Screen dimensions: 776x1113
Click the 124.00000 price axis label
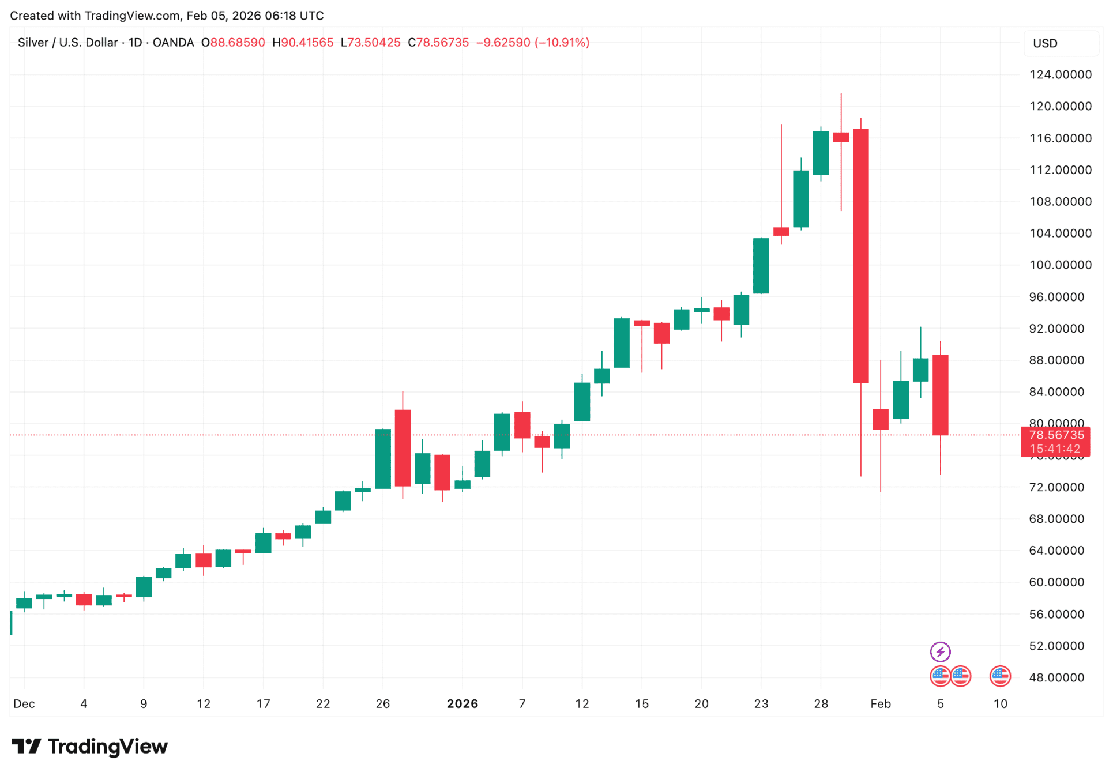tap(1060, 74)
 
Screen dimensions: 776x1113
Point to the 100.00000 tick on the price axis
tap(1060, 265)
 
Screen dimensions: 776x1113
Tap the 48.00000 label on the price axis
tap(1060, 677)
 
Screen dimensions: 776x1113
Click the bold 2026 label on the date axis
tap(462, 703)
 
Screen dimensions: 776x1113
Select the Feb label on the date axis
tap(880, 703)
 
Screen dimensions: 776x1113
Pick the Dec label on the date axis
tap(24, 703)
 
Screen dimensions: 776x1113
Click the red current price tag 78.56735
tap(1056, 435)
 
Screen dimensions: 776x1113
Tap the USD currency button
tap(1044, 43)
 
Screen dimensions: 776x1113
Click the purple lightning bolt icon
tap(940, 651)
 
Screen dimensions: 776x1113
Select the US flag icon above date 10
tap(999, 676)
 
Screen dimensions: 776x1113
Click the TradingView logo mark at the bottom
tap(27, 746)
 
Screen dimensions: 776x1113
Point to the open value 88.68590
tap(237, 43)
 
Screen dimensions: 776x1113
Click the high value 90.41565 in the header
tap(307, 43)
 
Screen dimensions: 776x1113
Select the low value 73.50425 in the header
tap(374, 43)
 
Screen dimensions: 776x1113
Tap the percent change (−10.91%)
tap(562, 43)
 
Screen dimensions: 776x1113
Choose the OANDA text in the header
tap(173, 43)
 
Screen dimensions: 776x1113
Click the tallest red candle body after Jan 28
tap(860, 255)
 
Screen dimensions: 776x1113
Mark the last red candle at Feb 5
tap(940, 395)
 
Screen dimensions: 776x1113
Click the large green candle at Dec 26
tap(383, 458)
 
